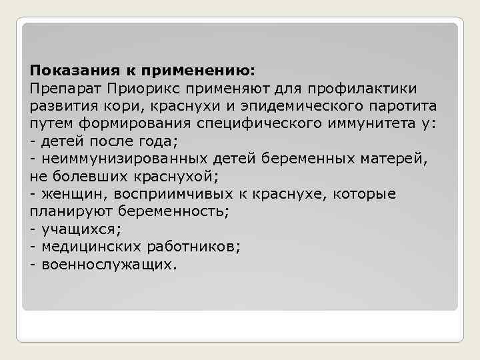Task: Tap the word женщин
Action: point(73,194)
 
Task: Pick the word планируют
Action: point(69,212)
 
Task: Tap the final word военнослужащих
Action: point(109,265)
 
